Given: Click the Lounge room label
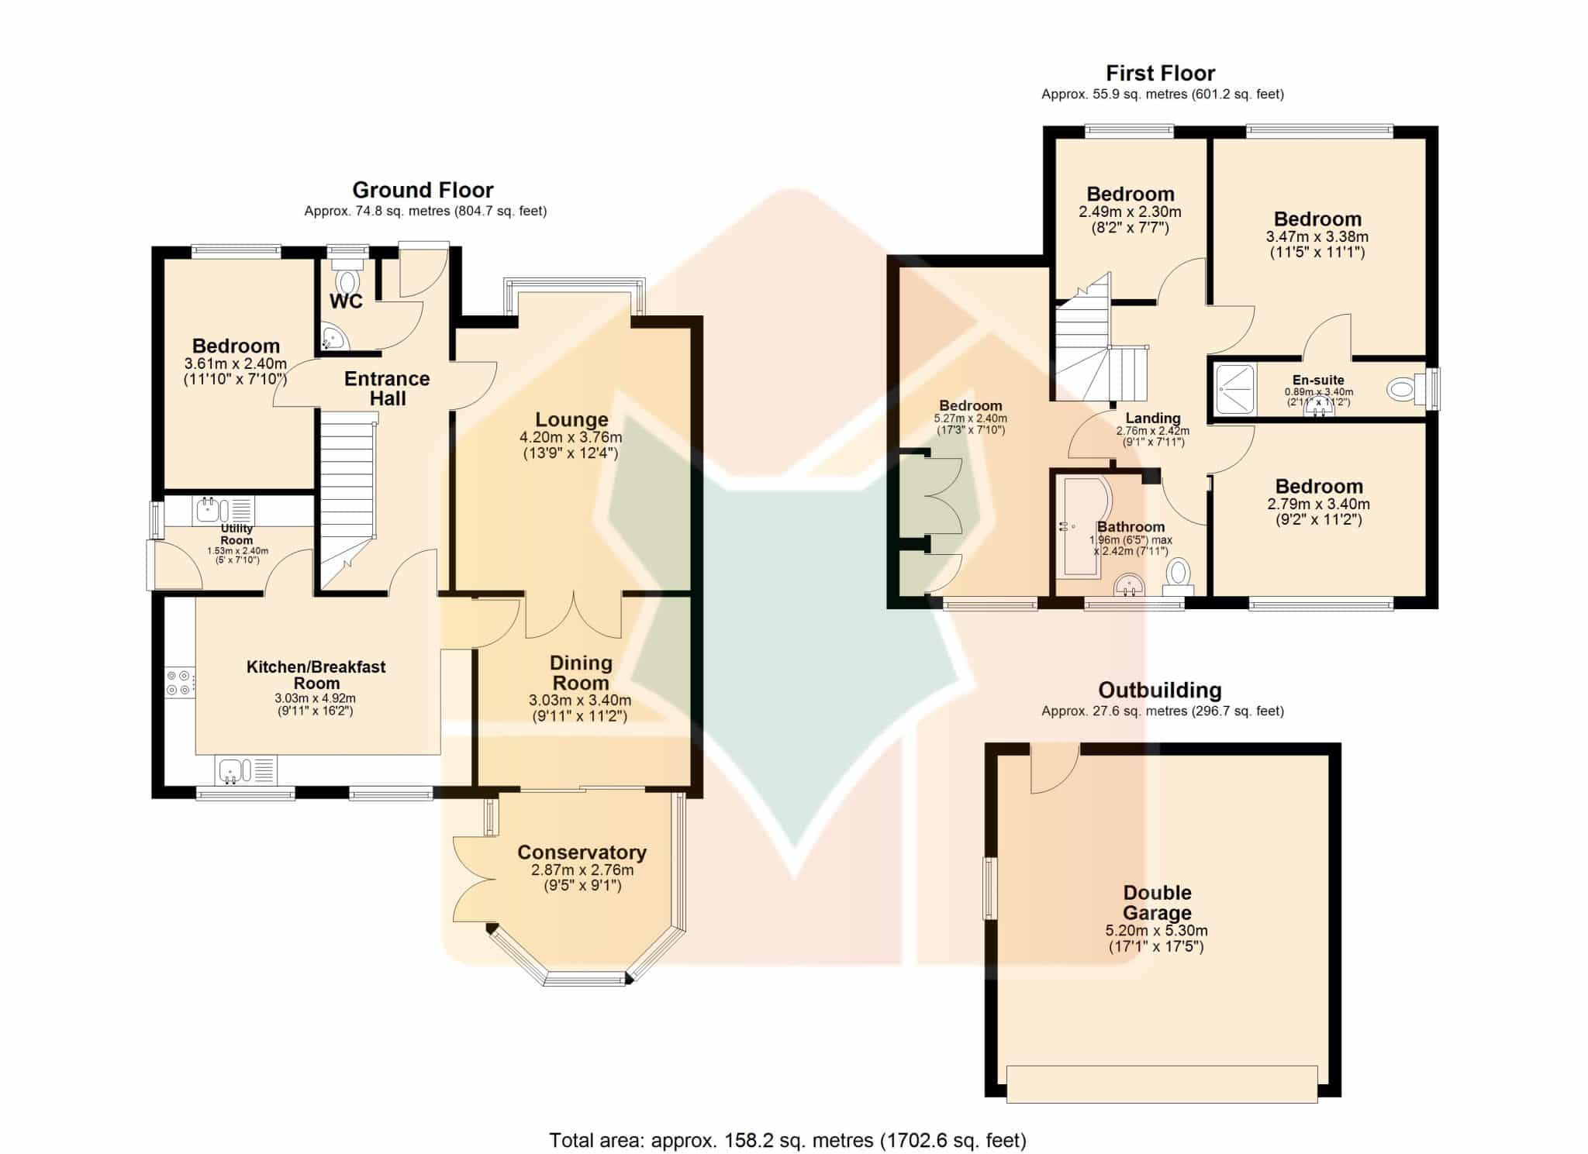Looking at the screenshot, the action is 571,419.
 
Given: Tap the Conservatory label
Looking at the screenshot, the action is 582,853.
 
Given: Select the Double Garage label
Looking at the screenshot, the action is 1157,903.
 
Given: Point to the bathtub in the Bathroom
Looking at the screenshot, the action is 1081,526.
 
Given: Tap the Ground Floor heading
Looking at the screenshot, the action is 423,190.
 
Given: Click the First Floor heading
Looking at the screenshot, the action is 1160,73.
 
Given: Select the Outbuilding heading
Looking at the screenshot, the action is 1160,690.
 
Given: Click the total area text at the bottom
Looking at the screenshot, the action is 788,1140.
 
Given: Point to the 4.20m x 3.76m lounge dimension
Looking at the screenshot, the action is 571,437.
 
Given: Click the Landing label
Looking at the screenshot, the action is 1153,418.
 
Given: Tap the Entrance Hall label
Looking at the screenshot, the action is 387,388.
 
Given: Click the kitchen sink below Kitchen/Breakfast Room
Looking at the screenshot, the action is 246,770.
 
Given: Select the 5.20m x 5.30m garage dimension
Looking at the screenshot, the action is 1156,931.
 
